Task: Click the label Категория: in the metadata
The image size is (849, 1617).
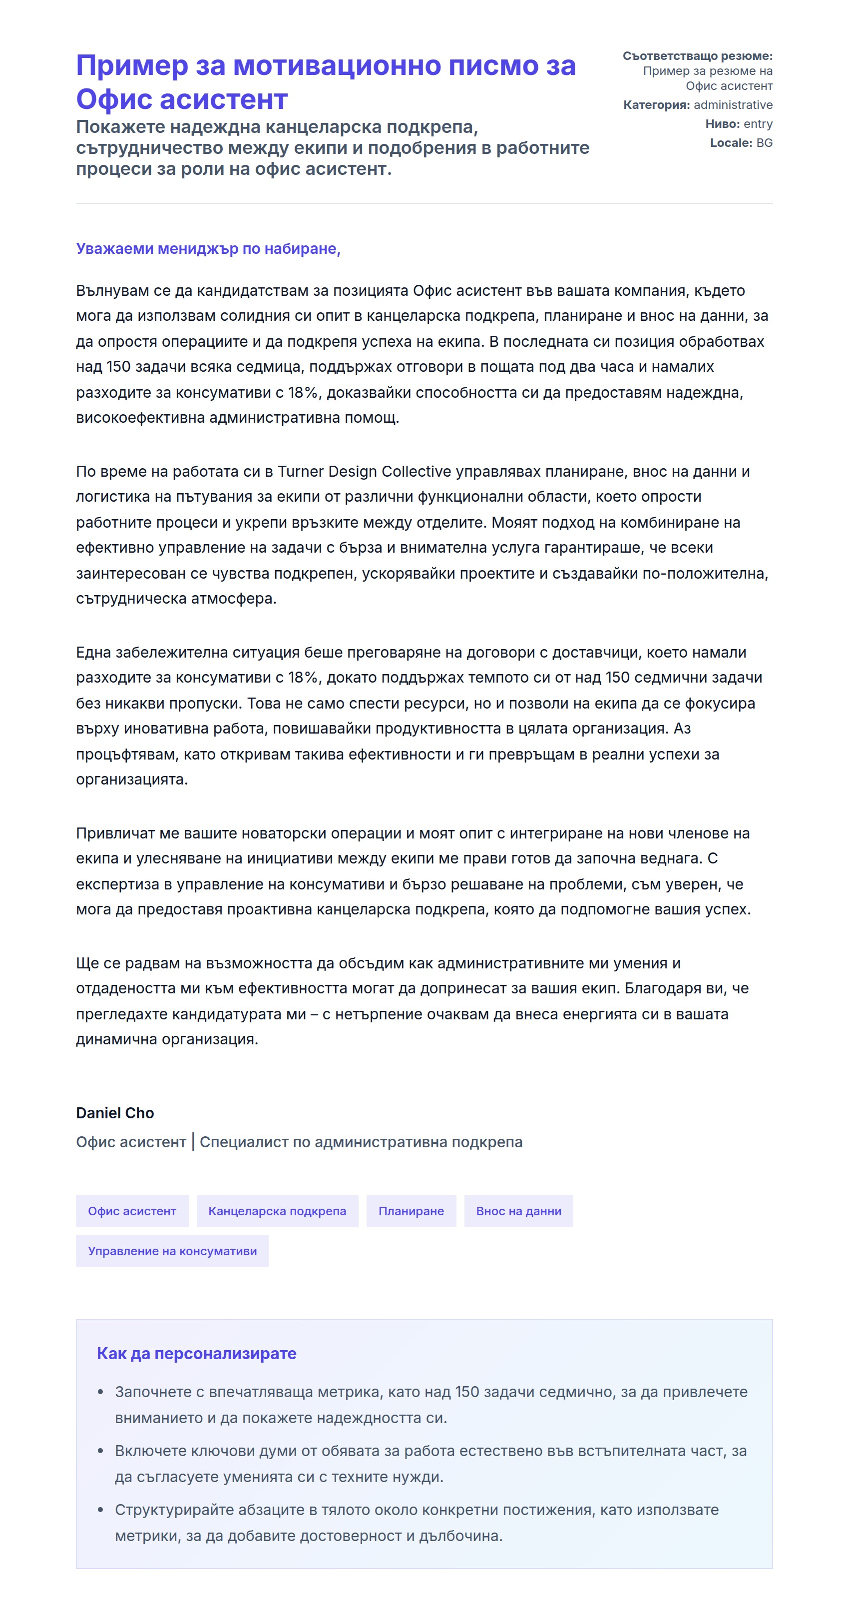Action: (x=656, y=105)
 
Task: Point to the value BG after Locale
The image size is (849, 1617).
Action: (x=764, y=142)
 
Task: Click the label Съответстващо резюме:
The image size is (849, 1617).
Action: (x=697, y=56)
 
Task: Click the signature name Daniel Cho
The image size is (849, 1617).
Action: (x=115, y=1113)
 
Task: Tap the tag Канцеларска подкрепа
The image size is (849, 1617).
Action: (x=277, y=1211)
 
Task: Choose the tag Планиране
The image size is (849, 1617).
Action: (x=411, y=1211)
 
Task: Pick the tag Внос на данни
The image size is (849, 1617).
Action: (x=518, y=1211)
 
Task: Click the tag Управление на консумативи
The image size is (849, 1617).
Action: (x=172, y=1251)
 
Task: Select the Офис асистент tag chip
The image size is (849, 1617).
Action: (x=132, y=1211)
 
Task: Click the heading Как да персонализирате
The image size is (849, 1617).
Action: (x=196, y=1353)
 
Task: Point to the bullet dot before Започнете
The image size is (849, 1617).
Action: (x=100, y=1392)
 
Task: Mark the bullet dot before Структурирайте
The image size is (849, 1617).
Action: (x=100, y=1510)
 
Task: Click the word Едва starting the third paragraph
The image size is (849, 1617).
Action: (x=93, y=652)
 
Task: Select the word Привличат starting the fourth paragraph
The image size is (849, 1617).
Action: (x=115, y=833)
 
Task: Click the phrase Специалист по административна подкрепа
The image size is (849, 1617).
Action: (x=361, y=1142)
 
